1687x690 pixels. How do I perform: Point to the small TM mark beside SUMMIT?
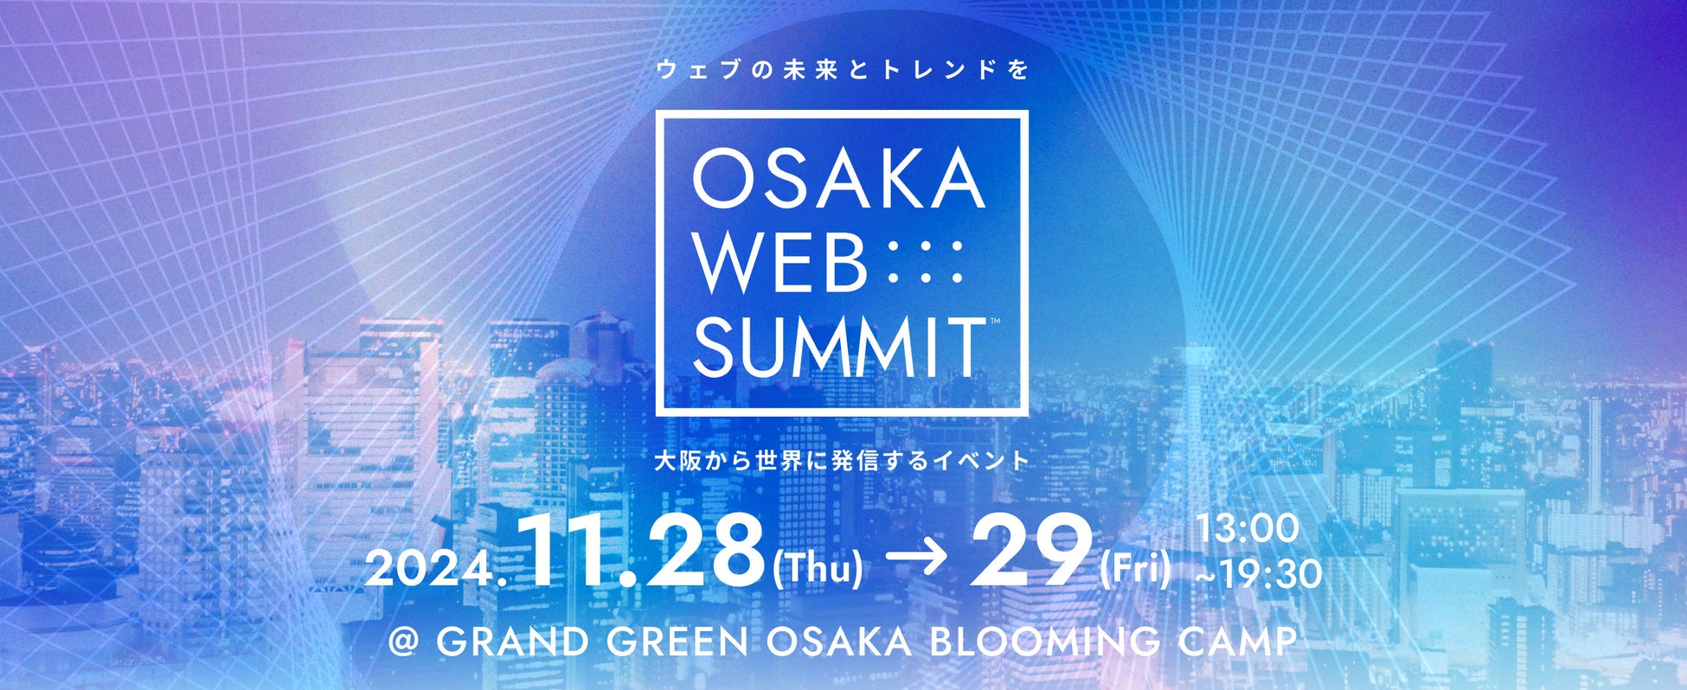[x=994, y=321]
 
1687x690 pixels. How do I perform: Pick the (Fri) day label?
[x=1135, y=570]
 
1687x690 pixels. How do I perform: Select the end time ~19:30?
[x=1258, y=574]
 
